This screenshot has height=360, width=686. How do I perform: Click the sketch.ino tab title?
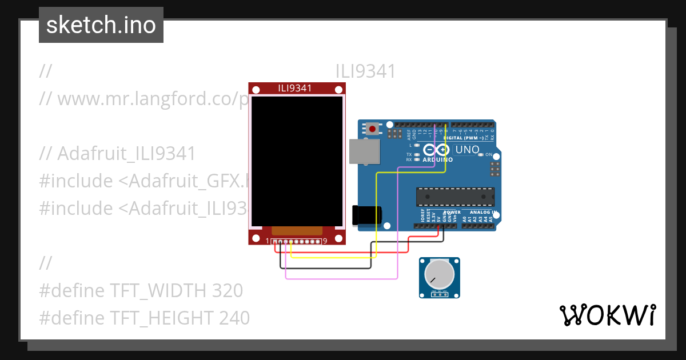[x=101, y=25]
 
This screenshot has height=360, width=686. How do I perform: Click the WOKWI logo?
[x=607, y=315]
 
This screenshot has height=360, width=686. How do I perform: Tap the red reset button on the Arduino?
[x=373, y=129]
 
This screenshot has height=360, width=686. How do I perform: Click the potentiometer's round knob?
[x=439, y=274]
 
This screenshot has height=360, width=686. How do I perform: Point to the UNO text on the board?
[x=466, y=150]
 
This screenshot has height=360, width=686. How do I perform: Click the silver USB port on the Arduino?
[x=364, y=152]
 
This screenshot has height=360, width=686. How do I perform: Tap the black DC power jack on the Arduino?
[x=367, y=215]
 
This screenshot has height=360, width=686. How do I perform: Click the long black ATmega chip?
[x=455, y=196]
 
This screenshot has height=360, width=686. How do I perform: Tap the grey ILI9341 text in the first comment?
[x=365, y=71]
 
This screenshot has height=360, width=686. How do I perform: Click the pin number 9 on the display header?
[x=325, y=241]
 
